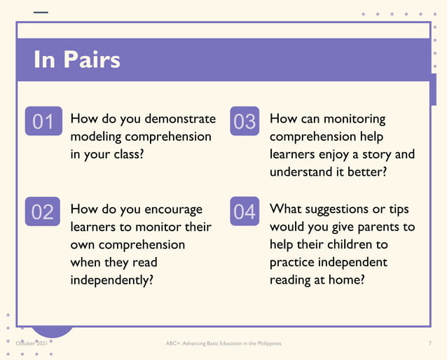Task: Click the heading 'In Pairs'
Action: coord(77,60)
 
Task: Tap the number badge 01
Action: coord(43,121)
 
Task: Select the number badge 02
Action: coord(43,211)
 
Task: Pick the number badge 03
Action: coord(245,121)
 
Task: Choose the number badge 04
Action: coord(245,211)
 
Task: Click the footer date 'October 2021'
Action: coord(32,344)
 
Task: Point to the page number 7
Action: coord(429,344)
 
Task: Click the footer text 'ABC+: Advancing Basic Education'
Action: coord(210,344)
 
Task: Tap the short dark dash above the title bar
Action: coord(41,12)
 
